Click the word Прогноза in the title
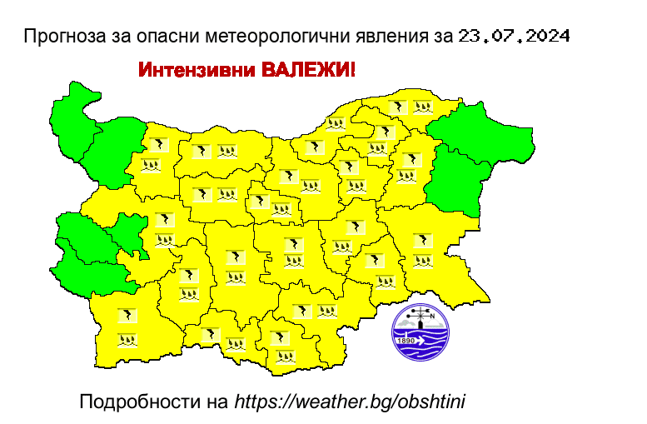62,37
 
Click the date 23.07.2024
514,37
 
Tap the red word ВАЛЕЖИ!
307,70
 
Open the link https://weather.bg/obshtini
350,402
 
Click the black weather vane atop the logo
421,316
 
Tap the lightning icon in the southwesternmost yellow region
127,316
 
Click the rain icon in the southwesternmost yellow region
127,339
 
